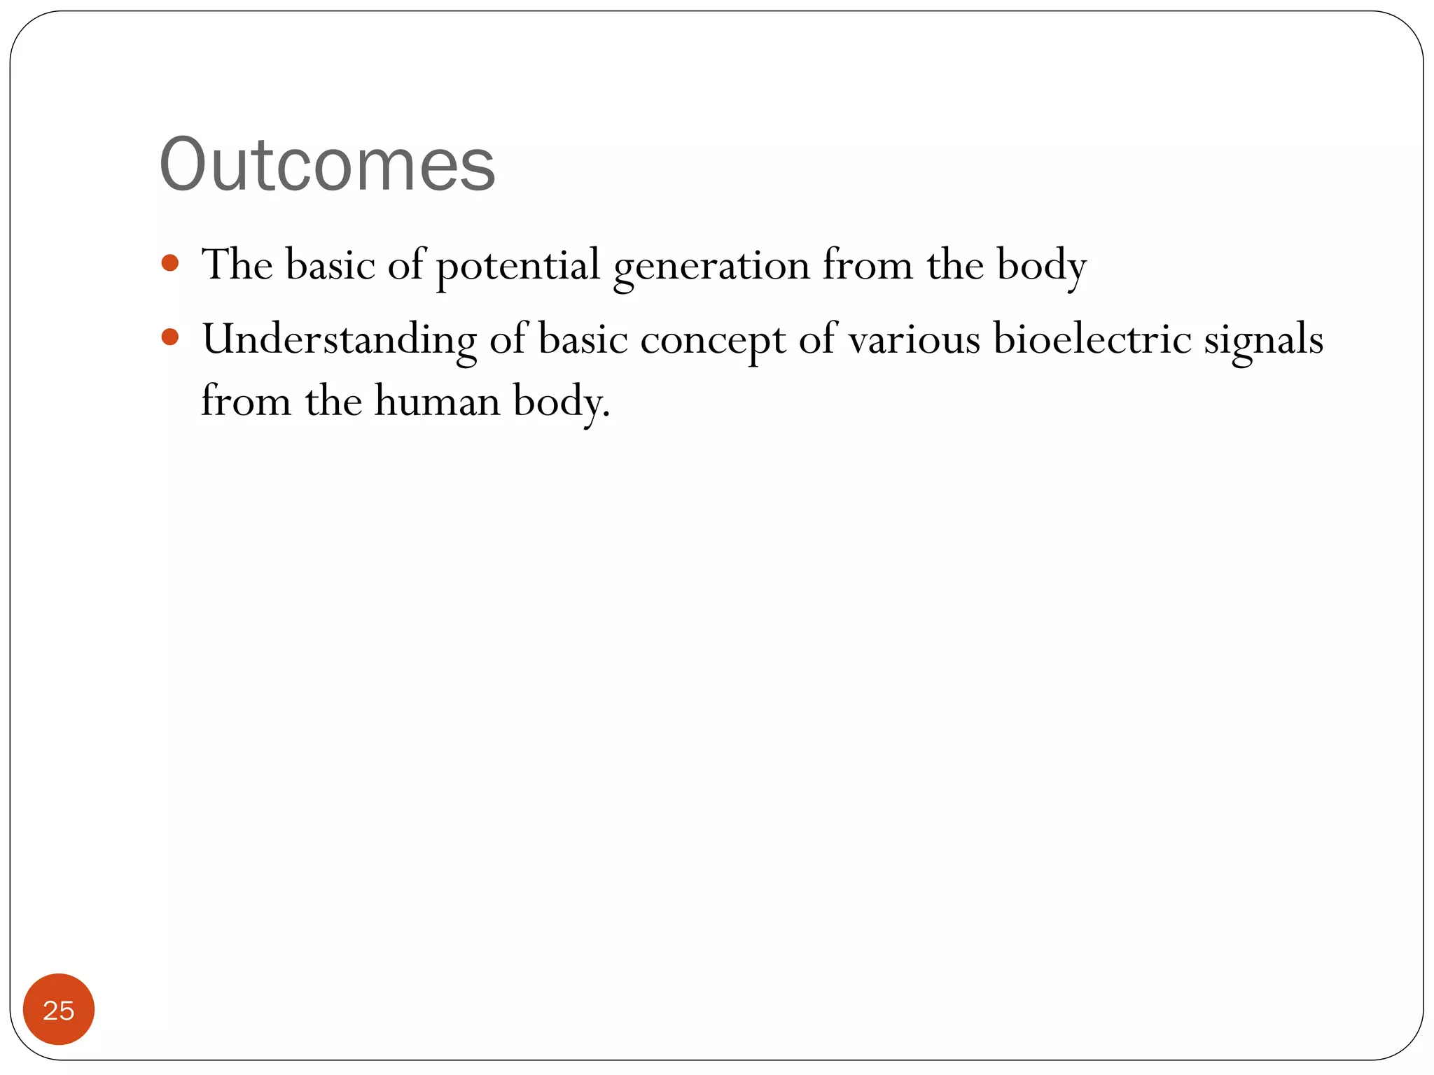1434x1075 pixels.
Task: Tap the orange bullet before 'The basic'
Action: coord(170,263)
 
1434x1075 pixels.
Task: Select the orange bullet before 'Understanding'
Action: coord(170,337)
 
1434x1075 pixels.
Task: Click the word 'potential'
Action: coord(518,266)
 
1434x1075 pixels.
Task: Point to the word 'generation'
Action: coord(711,267)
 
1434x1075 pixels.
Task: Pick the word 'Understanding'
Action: coord(339,340)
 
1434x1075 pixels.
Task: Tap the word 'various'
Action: coord(914,340)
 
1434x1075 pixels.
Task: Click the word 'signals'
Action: coord(1263,340)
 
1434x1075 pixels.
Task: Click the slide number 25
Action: coord(59,1010)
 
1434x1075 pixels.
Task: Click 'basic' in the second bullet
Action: coord(583,339)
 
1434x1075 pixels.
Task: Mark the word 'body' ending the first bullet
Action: coord(1041,266)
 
